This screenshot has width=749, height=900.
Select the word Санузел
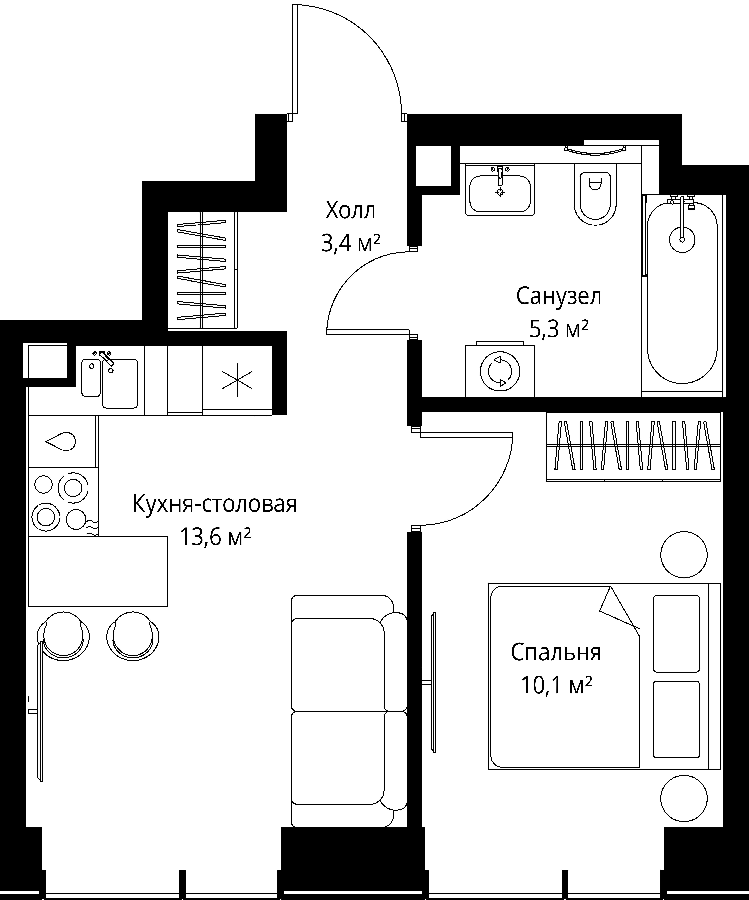click(x=559, y=296)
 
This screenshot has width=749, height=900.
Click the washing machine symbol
click(x=500, y=371)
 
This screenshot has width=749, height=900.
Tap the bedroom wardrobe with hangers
click(x=633, y=447)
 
